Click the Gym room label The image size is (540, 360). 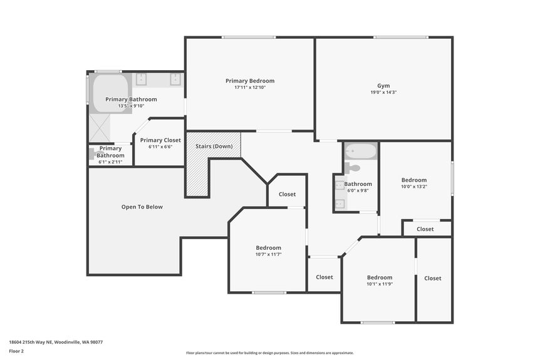[383, 86]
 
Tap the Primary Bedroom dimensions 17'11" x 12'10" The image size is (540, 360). [250, 87]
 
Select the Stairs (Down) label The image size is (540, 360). [214, 146]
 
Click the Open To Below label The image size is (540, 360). [142, 207]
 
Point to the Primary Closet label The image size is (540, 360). [160, 140]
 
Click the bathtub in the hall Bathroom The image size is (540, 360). [360, 152]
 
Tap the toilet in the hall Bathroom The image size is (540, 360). [352, 168]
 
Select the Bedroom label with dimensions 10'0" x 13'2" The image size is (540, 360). [414, 180]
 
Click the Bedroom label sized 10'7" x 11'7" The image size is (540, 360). [268, 248]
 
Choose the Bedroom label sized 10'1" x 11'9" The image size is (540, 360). [380, 277]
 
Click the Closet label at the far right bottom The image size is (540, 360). [433, 278]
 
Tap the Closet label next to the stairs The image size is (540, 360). [287, 194]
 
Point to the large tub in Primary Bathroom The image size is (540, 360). [111, 94]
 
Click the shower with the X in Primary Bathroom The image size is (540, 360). [100, 128]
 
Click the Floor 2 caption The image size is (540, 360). [16, 351]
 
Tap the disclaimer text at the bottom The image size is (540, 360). [269, 353]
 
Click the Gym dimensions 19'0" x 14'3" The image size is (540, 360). [383, 92]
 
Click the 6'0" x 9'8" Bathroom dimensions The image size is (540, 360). [358, 190]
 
